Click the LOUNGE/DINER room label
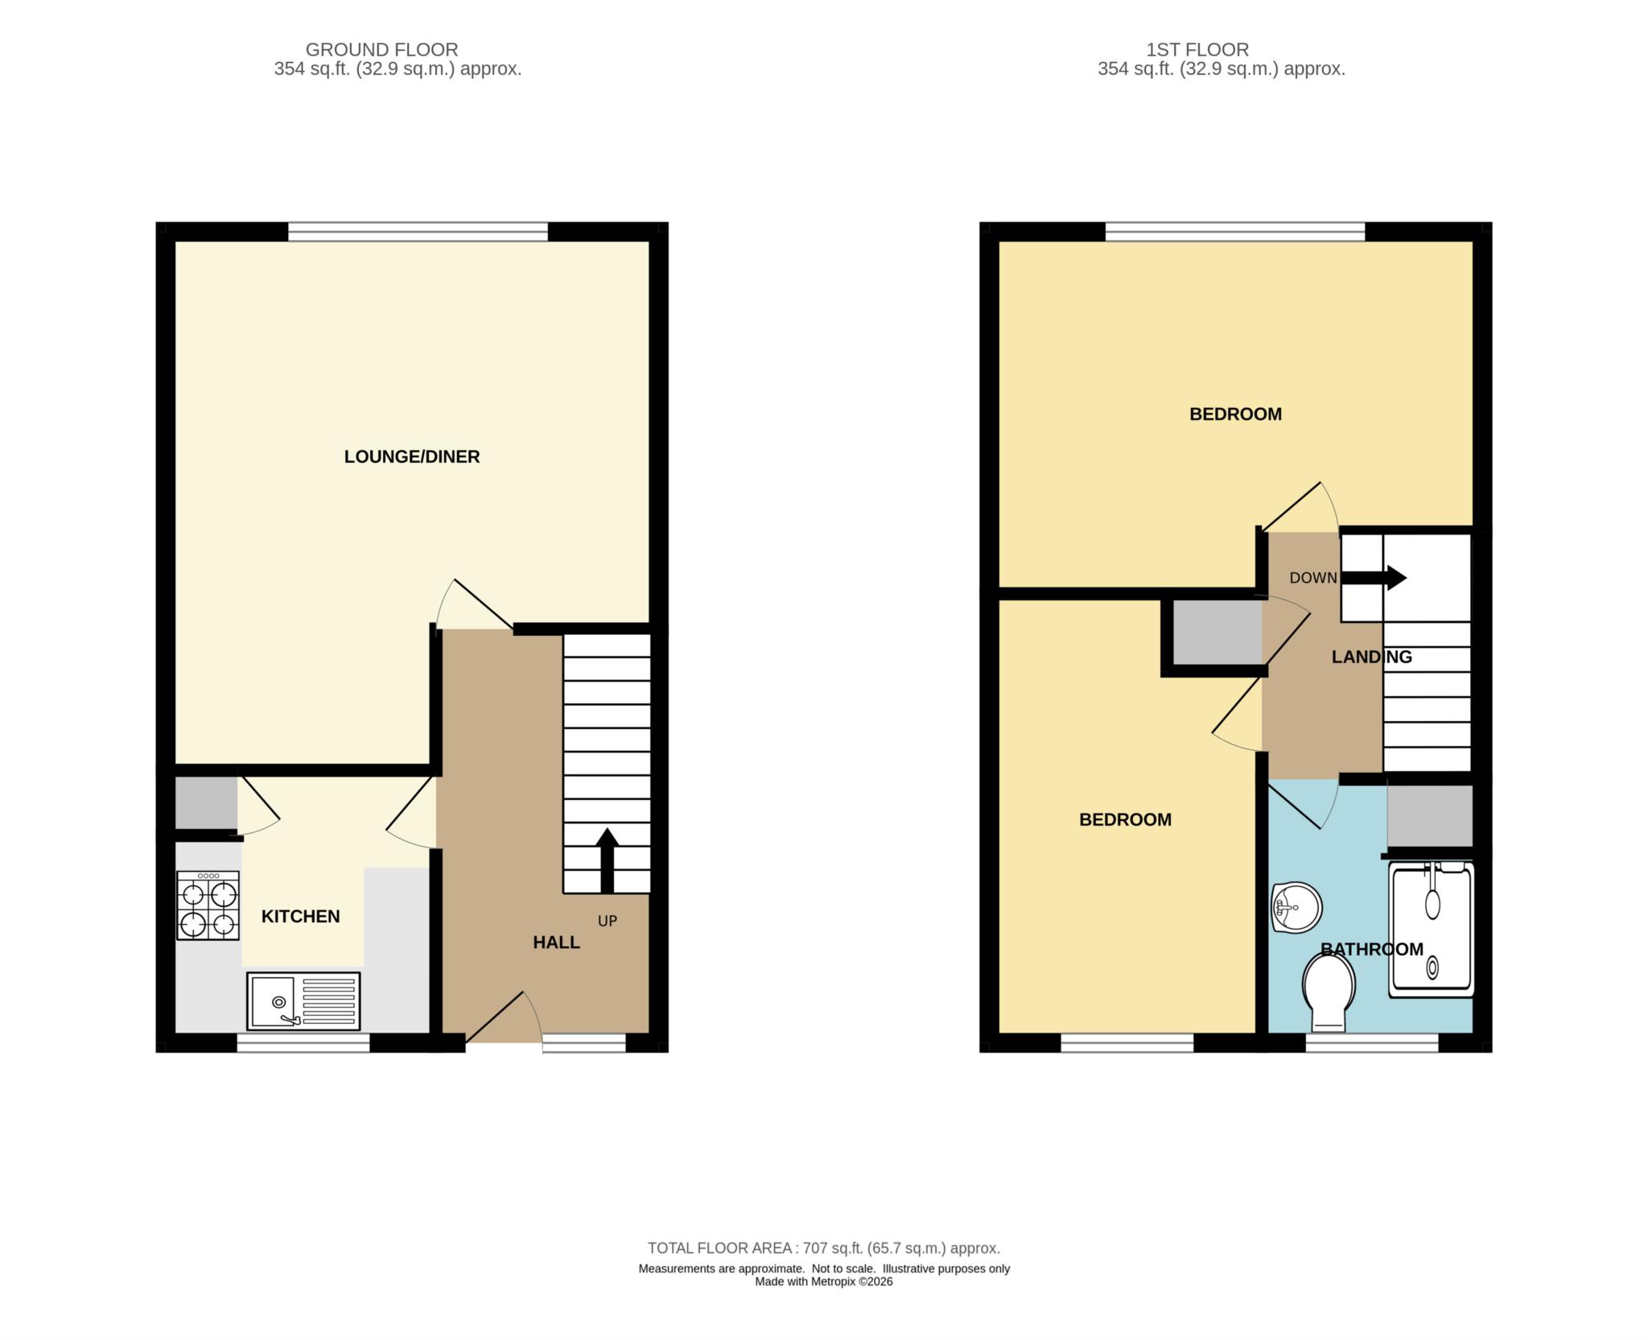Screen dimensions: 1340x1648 pyautogui.click(x=411, y=456)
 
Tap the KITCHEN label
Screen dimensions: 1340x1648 pyautogui.click(x=300, y=916)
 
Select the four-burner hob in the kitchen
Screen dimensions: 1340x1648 pyautogui.click(x=208, y=906)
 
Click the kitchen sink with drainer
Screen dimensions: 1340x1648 pyautogui.click(x=303, y=1001)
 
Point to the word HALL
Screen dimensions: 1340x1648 pyautogui.click(x=556, y=942)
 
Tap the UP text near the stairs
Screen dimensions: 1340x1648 pyautogui.click(x=608, y=921)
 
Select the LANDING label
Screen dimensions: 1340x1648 pyautogui.click(x=1371, y=657)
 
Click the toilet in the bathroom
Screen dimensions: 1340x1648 pyautogui.click(x=1328, y=992)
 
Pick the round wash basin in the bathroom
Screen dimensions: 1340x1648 pyautogui.click(x=1296, y=908)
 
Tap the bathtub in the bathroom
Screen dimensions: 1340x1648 pyautogui.click(x=1432, y=929)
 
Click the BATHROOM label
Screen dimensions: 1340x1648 pyautogui.click(x=1372, y=949)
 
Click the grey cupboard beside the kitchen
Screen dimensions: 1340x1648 pyautogui.click(x=206, y=802)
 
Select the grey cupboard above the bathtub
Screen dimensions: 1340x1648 pyautogui.click(x=1429, y=815)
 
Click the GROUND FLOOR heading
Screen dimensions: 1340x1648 pyautogui.click(x=381, y=50)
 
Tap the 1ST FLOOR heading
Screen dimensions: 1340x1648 pyautogui.click(x=1197, y=50)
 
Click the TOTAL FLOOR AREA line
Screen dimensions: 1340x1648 pyautogui.click(x=823, y=1248)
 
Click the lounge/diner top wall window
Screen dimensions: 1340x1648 pyautogui.click(x=418, y=232)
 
